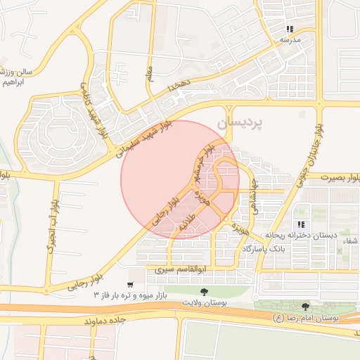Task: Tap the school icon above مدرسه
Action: (x=289, y=30)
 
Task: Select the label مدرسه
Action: (x=290, y=40)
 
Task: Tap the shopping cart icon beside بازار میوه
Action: (x=131, y=285)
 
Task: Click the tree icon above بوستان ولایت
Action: (x=205, y=290)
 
